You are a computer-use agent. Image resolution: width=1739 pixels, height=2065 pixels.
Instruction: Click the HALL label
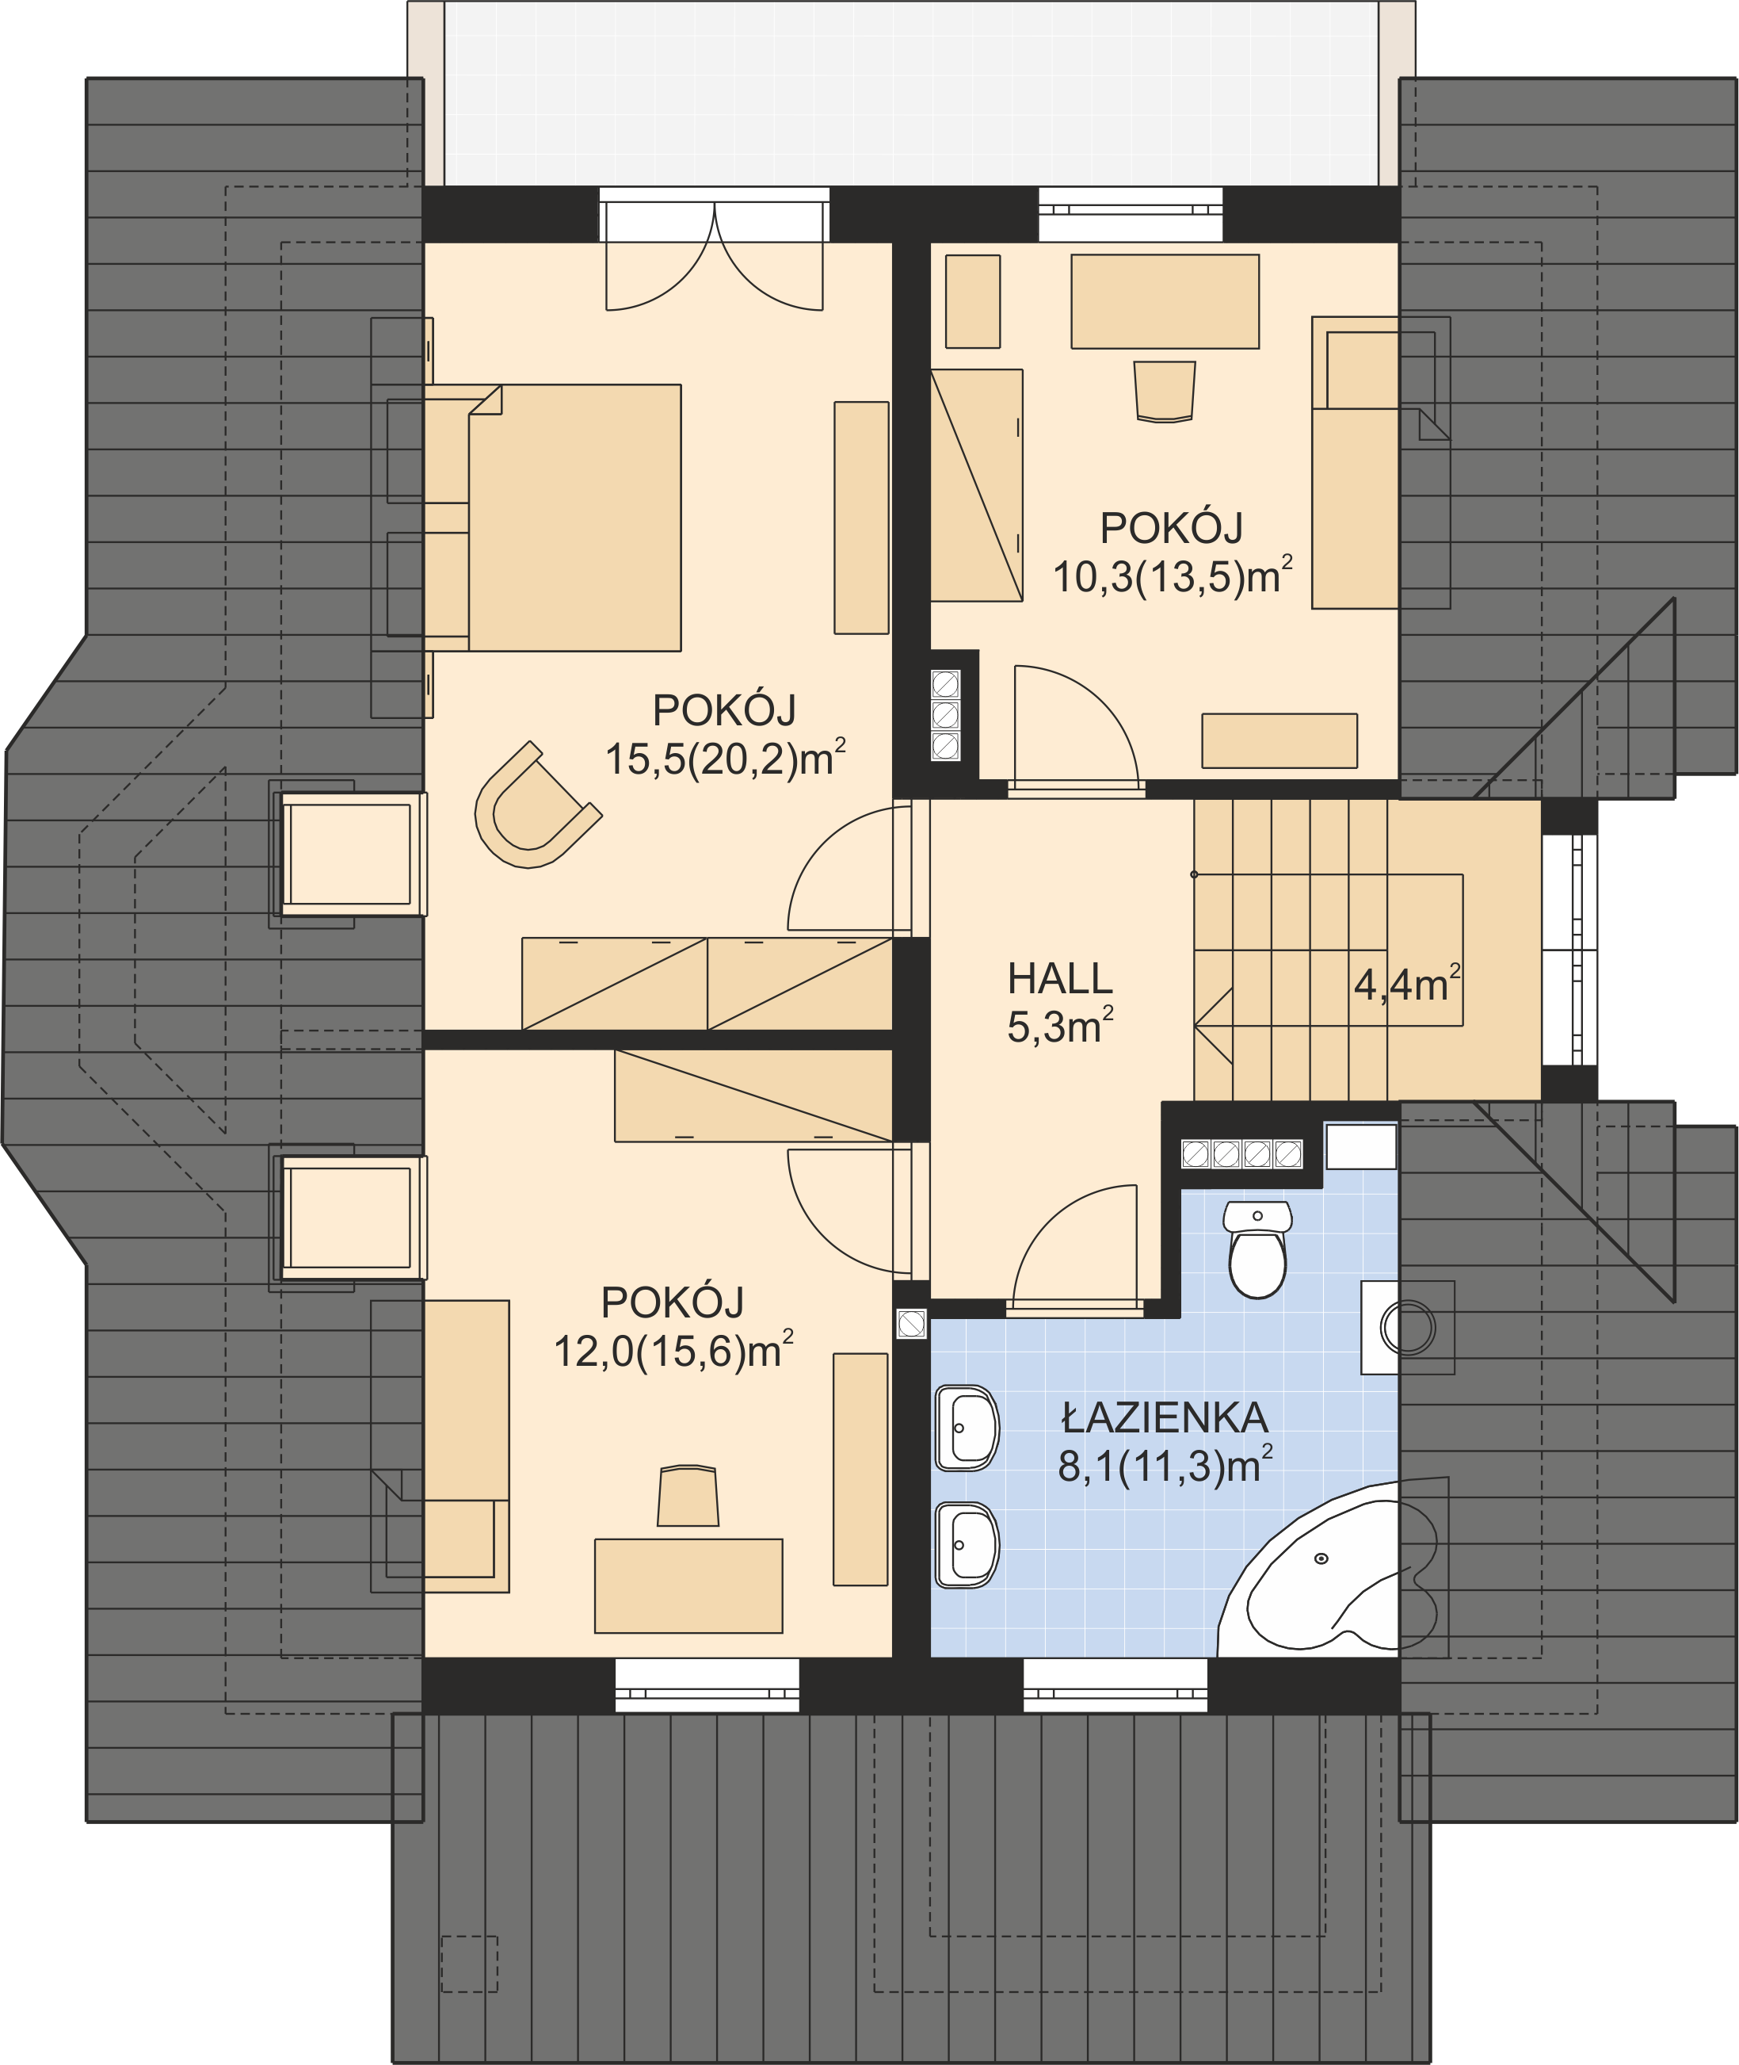(1060, 979)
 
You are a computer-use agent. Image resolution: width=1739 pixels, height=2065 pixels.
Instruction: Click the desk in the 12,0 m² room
(688, 1585)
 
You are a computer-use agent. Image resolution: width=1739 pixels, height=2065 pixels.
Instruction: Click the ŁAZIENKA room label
(1165, 1418)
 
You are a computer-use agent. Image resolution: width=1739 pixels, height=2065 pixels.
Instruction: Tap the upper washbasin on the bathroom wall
(966, 1428)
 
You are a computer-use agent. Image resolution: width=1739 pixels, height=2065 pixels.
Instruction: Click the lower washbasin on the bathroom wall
(966, 1545)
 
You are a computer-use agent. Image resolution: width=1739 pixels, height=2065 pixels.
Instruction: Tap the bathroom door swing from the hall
(1074, 1248)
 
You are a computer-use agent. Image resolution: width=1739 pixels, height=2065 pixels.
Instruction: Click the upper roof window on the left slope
(347, 854)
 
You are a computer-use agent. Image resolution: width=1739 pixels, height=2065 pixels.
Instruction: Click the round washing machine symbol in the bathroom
(1407, 1326)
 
